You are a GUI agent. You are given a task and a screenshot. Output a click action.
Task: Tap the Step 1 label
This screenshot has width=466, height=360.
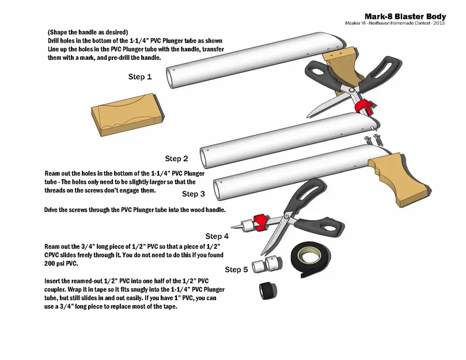click(140, 76)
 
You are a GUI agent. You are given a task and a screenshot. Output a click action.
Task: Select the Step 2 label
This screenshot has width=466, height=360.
click(177, 158)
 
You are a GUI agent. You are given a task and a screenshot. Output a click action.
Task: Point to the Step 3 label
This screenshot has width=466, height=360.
click(194, 194)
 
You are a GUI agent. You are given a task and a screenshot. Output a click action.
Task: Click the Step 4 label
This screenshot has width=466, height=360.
click(217, 236)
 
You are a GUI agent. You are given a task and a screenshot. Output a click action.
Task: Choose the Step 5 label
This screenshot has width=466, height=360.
click(236, 270)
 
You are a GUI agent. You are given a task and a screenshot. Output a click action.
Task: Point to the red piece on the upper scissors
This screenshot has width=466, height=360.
click(363, 107)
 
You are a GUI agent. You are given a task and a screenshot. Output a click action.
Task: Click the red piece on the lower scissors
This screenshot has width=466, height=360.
click(259, 219)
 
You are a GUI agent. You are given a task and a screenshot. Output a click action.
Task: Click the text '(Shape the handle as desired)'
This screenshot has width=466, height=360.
click(88, 32)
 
